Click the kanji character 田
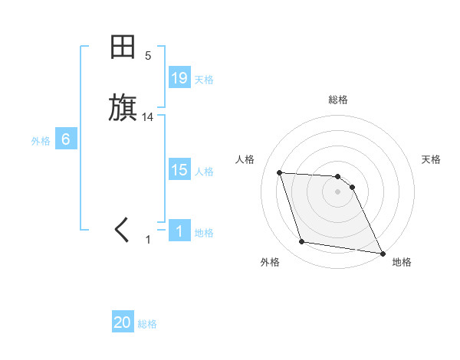pyautogui.click(x=123, y=47)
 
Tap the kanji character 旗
pyautogui.click(x=123, y=108)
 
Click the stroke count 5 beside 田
pyautogui.click(x=148, y=55)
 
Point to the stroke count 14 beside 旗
pyautogui.click(x=148, y=117)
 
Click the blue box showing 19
pyautogui.click(x=179, y=78)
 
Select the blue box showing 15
pyautogui.click(x=179, y=170)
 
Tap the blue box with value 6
pyautogui.click(x=66, y=139)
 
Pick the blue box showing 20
pyautogui.click(x=123, y=323)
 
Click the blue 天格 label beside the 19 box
pyautogui.click(x=204, y=80)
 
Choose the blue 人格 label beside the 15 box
pyautogui.click(x=204, y=172)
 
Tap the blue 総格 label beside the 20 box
pyautogui.click(x=147, y=325)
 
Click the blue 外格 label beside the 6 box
pyautogui.click(x=41, y=141)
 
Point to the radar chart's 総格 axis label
pyautogui.click(x=338, y=100)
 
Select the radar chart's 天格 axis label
pyautogui.click(x=431, y=159)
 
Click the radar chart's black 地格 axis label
pyautogui.click(x=402, y=262)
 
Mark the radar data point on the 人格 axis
pyautogui.click(x=280, y=172)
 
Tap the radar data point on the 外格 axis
pyautogui.click(x=302, y=242)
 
